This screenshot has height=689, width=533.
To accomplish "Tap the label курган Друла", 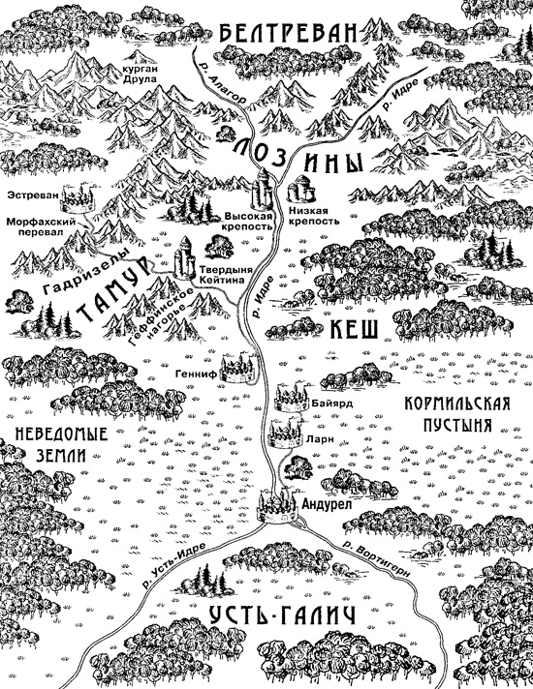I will click(139, 76).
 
